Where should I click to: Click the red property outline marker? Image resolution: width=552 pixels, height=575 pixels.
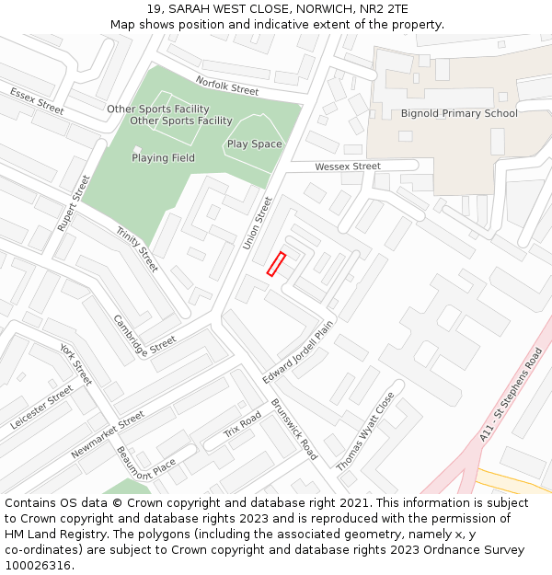tap(276, 264)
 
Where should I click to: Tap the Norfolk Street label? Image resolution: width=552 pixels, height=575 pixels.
tap(227, 86)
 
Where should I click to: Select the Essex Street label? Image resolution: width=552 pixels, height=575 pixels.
tap(37, 100)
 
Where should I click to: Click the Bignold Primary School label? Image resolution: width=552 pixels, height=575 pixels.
tap(459, 114)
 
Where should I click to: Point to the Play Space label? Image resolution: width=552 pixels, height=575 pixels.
tap(255, 144)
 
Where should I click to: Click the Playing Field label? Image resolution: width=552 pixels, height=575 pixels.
tap(163, 158)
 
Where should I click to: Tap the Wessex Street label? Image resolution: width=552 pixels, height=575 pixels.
tap(348, 167)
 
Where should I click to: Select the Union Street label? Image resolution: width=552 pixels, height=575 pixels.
tap(258, 223)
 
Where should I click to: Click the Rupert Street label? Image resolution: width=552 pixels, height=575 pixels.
tap(74, 202)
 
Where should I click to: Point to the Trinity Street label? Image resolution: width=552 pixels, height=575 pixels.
tap(137, 249)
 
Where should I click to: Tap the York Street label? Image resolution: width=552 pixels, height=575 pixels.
tap(76, 364)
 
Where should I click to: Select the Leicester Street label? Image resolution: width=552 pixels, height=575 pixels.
tap(41, 408)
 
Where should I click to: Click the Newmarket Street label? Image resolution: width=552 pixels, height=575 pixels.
tap(108, 434)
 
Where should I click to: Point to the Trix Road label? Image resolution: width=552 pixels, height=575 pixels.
tap(243, 424)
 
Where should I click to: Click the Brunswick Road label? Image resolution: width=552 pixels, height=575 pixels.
tap(294, 430)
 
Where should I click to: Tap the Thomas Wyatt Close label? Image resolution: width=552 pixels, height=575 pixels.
tap(365, 431)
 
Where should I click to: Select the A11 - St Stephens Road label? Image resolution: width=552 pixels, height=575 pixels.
tap(512, 395)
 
